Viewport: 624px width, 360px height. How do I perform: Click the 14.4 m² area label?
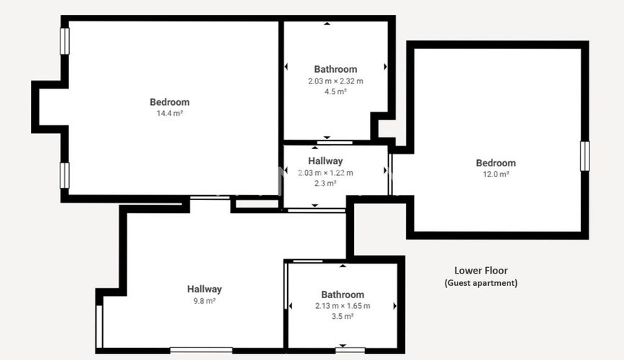tap(169, 114)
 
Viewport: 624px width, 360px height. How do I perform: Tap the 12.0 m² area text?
tap(496, 174)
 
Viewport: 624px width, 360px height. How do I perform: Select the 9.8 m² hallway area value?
tap(204, 301)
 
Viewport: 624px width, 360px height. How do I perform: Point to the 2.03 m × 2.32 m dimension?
tap(335, 81)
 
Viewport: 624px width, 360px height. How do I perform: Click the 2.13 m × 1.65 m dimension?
tap(343, 306)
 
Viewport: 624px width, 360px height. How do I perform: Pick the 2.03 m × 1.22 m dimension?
tap(325, 173)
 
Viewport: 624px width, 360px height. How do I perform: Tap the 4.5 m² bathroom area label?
tap(335, 92)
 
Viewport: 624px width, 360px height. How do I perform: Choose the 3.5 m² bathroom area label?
tap(343, 317)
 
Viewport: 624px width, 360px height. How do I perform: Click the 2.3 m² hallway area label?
tap(325, 184)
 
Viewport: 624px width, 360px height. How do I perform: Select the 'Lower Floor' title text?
tap(481, 271)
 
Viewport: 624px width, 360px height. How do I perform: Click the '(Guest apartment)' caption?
tap(481, 283)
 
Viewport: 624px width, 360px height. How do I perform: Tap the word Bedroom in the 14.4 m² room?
tap(169, 102)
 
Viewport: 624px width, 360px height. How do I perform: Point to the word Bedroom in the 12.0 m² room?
tap(496, 163)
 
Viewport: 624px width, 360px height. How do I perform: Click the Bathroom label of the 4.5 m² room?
tap(335, 70)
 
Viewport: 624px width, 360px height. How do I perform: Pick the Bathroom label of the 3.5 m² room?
tap(343, 294)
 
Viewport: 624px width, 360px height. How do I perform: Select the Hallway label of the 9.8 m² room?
tap(204, 289)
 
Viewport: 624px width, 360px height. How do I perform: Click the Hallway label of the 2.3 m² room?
tap(325, 161)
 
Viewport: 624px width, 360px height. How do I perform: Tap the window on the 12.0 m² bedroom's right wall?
tap(584, 156)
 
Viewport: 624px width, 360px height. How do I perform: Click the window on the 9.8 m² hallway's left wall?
tap(99, 326)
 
